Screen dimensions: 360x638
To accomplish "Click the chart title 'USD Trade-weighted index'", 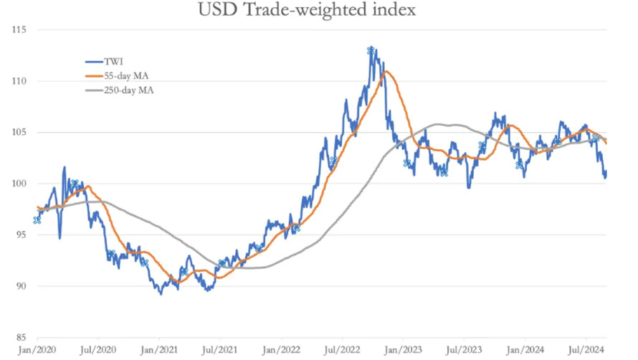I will tap(318, 11).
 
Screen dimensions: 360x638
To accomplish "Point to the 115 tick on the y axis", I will tap(19, 30).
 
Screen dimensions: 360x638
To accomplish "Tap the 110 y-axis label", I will tap(19, 82).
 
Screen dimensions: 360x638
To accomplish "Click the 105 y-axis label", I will tap(19, 133).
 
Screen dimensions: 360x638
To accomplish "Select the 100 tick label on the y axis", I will tap(19, 184).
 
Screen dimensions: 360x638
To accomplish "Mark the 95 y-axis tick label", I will tap(20, 235).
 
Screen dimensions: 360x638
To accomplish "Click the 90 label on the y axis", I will tap(20, 286).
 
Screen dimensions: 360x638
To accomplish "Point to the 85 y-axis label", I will tap(20, 337).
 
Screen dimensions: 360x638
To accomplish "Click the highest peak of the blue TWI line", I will tap(371, 49).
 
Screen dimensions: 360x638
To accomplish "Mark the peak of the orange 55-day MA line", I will tap(387, 71).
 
